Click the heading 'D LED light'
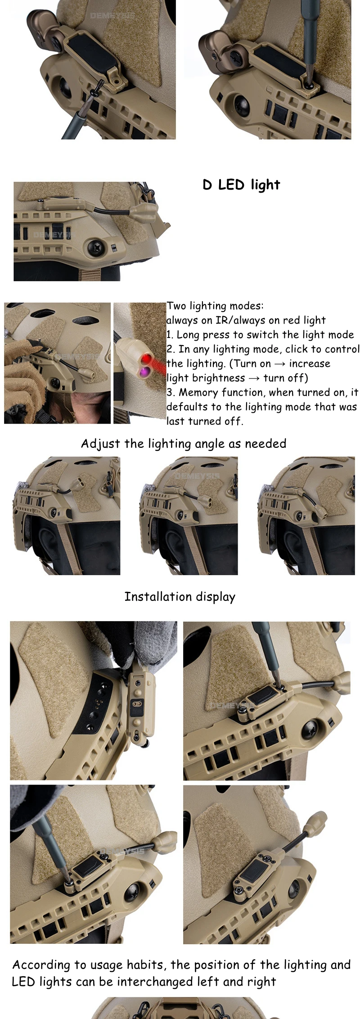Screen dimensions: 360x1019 241,185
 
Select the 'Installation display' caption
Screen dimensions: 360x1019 180,597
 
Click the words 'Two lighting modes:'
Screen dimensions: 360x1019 215,306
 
